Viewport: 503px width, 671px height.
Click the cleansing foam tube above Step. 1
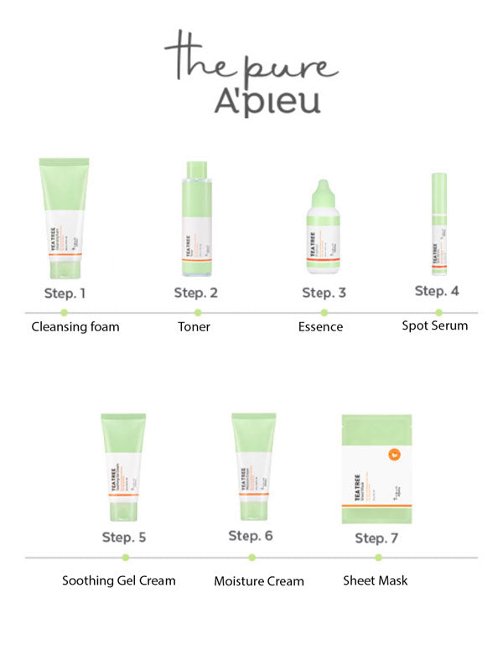[64, 218]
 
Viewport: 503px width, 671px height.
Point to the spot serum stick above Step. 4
[438, 224]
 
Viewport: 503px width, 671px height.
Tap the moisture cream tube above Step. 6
[253, 466]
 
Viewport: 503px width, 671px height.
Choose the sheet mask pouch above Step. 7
[378, 468]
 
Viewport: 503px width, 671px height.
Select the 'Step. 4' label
[437, 291]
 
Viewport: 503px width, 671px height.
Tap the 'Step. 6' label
[251, 536]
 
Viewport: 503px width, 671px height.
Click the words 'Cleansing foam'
[75, 326]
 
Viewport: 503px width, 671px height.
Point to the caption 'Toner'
[194, 326]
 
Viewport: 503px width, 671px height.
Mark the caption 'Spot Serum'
[435, 325]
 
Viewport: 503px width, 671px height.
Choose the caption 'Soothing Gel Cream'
[119, 580]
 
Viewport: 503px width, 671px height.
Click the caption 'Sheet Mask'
[376, 580]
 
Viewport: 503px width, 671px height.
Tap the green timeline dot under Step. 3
[324, 313]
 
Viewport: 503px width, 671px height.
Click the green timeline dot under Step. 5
[125, 557]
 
